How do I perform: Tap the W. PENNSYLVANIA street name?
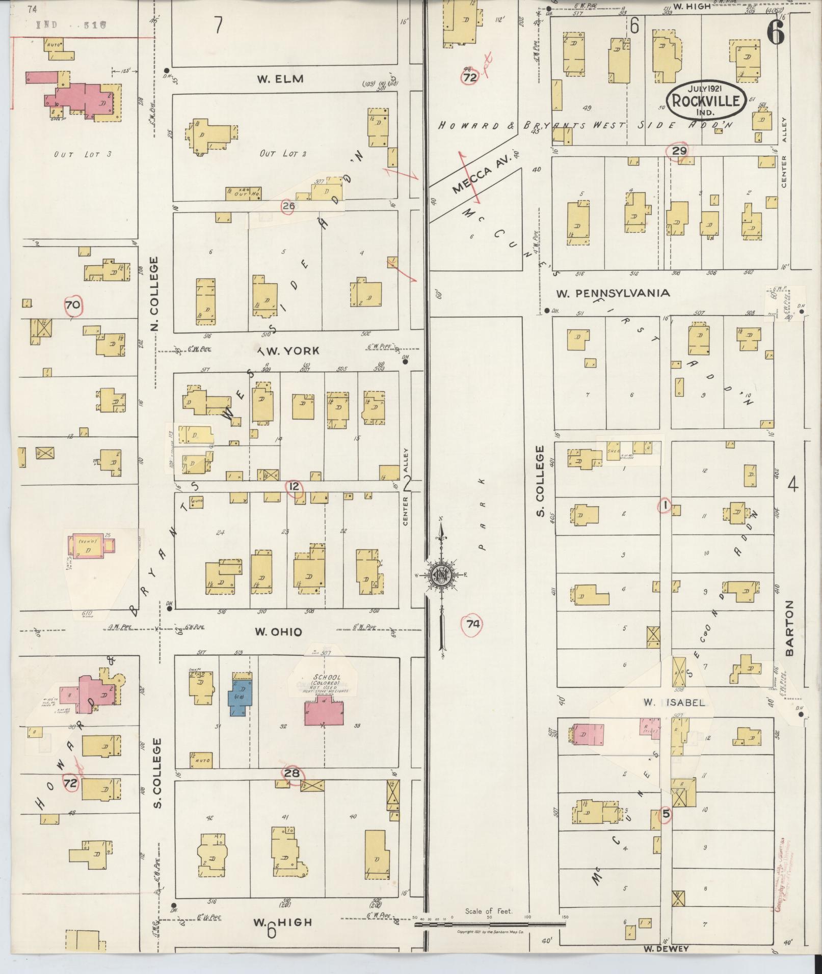click(613, 293)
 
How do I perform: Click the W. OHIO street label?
click(278, 632)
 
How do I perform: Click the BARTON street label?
click(790, 628)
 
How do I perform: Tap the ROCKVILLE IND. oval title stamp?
click(705, 101)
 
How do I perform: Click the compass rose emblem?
click(440, 575)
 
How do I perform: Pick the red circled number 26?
click(288, 206)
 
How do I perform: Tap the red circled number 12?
click(294, 487)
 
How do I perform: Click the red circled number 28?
click(292, 774)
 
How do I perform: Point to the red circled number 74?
click(472, 624)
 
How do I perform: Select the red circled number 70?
click(73, 305)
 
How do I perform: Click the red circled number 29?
click(679, 151)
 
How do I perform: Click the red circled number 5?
click(665, 814)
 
